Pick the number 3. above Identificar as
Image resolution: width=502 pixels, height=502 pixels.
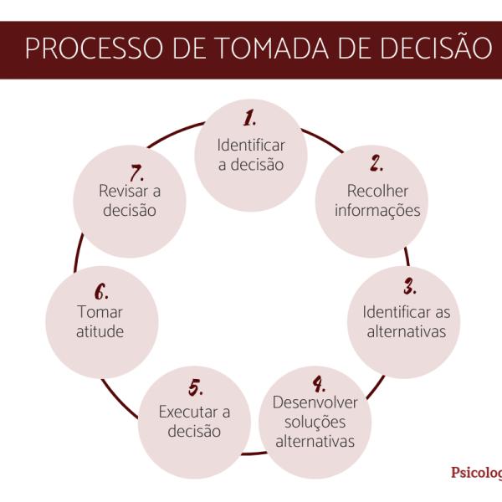click(x=410, y=289)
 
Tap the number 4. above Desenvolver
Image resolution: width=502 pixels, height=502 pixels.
click(x=319, y=384)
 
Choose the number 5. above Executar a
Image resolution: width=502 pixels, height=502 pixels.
click(x=194, y=388)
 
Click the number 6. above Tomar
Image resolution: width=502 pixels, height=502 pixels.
click(x=100, y=292)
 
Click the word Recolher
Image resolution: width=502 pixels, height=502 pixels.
click(x=376, y=190)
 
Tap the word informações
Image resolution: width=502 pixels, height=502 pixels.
click(x=377, y=210)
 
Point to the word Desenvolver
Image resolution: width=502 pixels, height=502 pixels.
click(x=315, y=402)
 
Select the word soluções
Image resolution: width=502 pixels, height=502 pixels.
click(x=315, y=422)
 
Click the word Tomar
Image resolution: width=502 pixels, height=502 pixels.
click(x=100, y=312)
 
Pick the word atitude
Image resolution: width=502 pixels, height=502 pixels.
click(x=100, y=332)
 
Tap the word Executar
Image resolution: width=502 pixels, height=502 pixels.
click(x=183, y=412)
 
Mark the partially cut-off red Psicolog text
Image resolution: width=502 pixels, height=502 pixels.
click(x=476, y=472)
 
